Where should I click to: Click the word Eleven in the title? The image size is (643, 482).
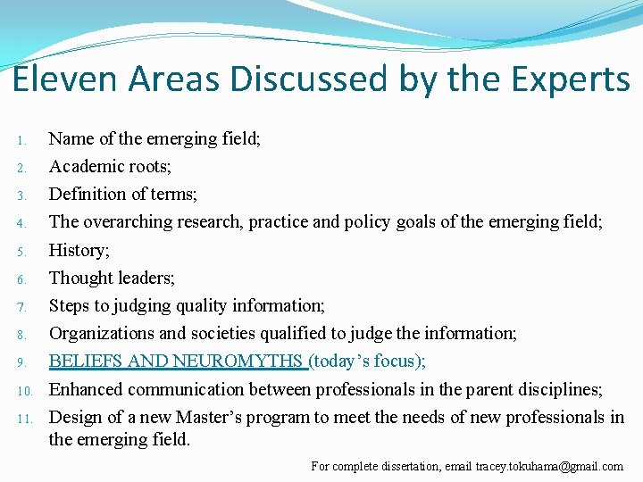[65, 79]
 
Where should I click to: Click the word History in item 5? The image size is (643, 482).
[77, 250]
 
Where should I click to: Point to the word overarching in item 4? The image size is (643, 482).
[124, 222]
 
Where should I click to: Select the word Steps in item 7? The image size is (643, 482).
[68, 305]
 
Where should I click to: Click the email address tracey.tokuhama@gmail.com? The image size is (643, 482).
[549, 466]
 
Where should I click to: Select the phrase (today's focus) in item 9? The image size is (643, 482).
[364, 361]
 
